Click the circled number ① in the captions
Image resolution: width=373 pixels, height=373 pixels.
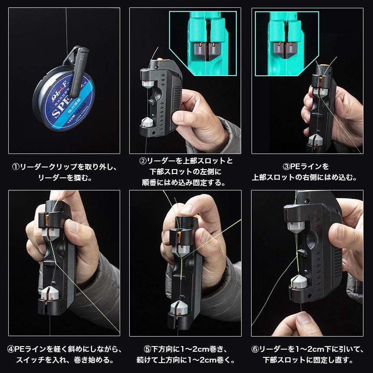coord(16,167)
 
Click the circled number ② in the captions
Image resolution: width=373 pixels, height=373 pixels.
coord(143,161)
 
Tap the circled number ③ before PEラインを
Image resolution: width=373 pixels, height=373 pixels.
coord(286,167)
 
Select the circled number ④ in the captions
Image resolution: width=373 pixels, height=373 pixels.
coord(11,349)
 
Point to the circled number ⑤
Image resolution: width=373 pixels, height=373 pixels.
coord(148,349)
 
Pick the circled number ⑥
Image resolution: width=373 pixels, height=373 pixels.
coord(255,349)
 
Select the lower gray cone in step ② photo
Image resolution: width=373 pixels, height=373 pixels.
coord(148,122)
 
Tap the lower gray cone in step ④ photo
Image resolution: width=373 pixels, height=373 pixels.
coord(50,293)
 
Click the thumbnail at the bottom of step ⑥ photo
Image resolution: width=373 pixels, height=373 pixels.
coord(303,319)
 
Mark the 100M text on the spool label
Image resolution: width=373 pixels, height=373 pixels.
coord(71,119)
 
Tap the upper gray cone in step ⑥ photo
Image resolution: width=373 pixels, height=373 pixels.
coord(296,227)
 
